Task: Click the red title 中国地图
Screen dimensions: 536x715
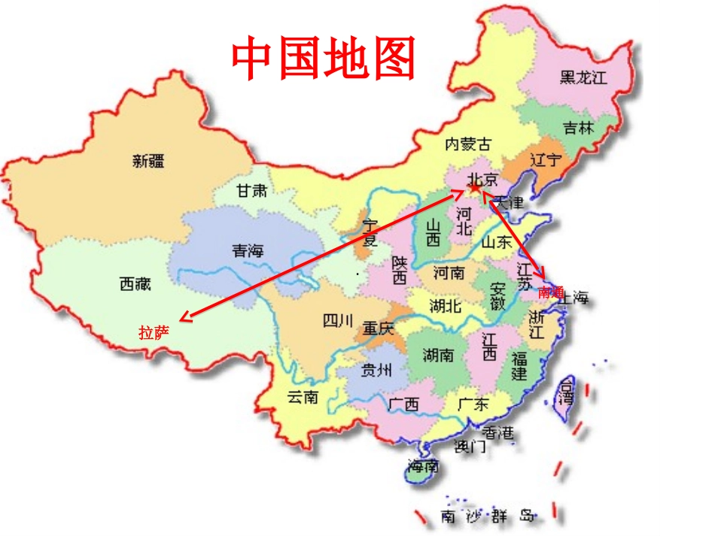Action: (x=324, y=59)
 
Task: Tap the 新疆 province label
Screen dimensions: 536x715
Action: (x=148, y=160)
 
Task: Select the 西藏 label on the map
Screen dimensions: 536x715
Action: (x=135, y=283)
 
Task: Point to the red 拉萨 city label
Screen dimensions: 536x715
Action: (x=154, y=332)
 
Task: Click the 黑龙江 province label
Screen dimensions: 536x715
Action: (x=583, y=77)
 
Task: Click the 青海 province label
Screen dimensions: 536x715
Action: (x=248, y=251)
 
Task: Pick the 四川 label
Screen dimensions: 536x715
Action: (x=337, y=322)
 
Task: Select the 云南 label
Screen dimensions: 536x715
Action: (x=303, y=396)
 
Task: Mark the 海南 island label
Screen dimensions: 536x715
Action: (x=422, y=466)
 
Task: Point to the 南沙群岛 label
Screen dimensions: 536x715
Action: (x=488, y=516)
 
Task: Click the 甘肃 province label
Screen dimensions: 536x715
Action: (x=251, y=191)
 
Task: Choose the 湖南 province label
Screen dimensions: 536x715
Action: (x=438, y=355)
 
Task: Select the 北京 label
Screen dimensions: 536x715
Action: (x=482, y=179)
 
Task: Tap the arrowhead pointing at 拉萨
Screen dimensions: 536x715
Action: (x=184, y=319)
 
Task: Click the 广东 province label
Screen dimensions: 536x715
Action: (x=473, y=404)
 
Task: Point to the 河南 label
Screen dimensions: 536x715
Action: (x=449, y=272)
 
